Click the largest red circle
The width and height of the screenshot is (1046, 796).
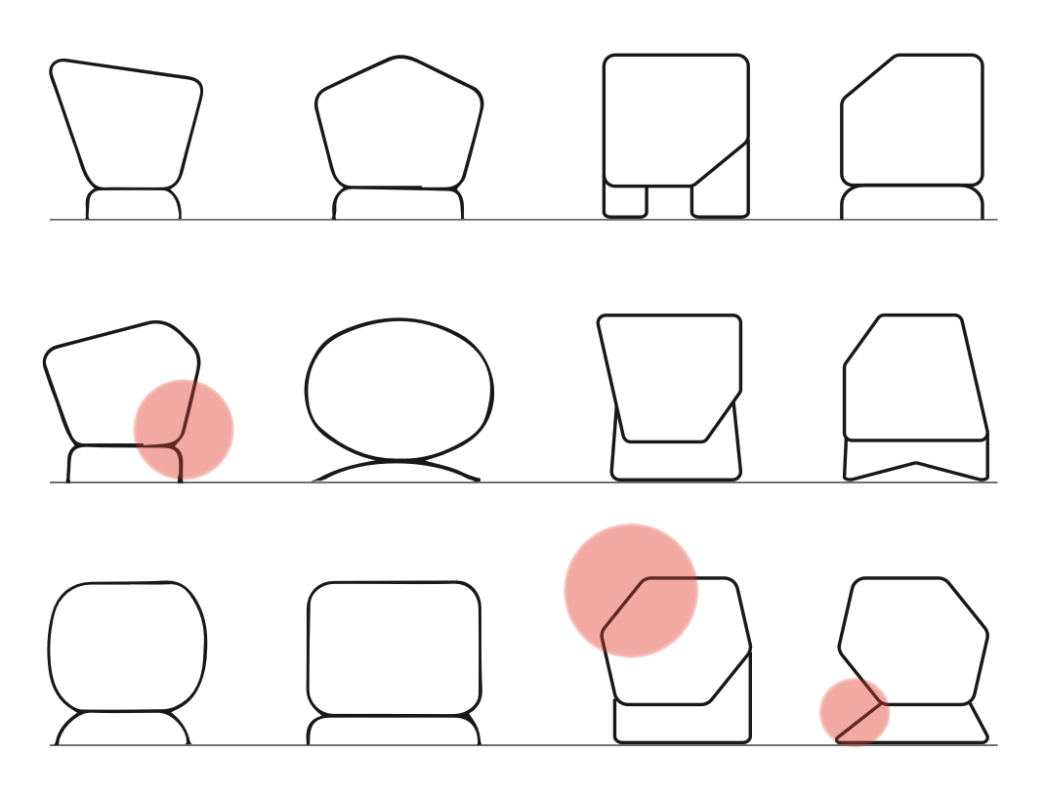pos(631,590)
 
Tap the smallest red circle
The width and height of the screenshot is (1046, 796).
pos(855,712)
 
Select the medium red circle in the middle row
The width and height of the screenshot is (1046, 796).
pos(184,430)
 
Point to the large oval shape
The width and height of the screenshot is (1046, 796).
pos(399,390)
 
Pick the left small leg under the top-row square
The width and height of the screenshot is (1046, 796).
pos(625,200)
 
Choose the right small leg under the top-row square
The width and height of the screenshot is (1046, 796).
pos(721,200)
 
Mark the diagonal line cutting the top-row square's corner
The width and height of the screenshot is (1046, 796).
pos(721,162)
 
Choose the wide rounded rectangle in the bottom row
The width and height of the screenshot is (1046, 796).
pos(395,649)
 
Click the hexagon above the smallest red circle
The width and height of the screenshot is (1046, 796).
pos(914,641)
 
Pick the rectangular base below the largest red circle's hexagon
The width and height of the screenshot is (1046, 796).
pos(684,723)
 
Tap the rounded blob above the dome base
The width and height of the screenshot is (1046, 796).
pos(127,647)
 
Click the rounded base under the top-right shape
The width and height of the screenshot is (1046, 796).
pos(912,203)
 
